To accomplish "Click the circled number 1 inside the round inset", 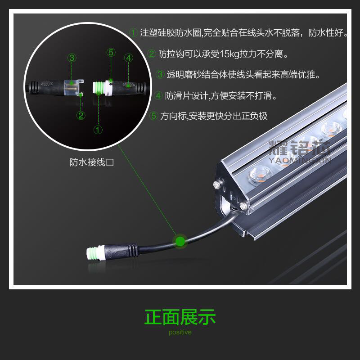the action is click(98, 130).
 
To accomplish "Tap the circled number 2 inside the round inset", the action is click(81, 115).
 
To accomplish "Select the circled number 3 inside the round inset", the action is click(72, 58).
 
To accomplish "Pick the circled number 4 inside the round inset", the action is click(129, 58).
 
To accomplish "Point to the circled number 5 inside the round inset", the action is click(111, 53).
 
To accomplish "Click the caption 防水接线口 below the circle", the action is click(92, 162).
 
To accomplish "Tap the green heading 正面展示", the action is click(180, 317).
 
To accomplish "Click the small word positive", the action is click(180, 332).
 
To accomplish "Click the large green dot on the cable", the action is click(180, 241).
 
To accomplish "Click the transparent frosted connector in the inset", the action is click(73, 88).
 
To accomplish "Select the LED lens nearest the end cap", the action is click(261, 174).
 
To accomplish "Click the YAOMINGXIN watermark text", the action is click(300, 160).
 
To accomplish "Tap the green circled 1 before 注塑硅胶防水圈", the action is click(133, 32).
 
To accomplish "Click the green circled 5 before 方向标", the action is click(154, 116).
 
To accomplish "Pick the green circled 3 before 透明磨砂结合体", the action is click(160, 74).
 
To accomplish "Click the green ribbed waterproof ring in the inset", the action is click(99, 88).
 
